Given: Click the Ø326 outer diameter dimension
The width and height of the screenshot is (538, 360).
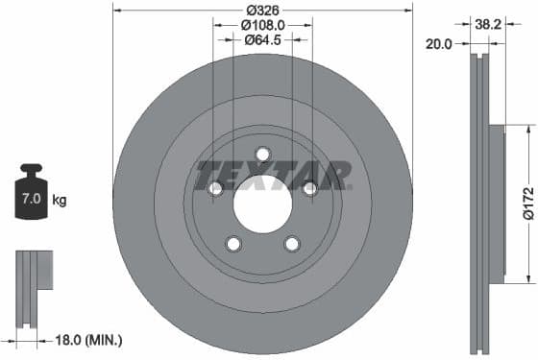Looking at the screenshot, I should (x=262, y=9).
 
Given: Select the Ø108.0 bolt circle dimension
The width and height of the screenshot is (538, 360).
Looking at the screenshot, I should (x=262, y=24).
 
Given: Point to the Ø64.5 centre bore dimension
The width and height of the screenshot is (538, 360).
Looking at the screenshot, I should (x=262, y=39).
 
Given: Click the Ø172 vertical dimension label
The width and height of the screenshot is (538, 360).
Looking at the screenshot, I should (x=527, y=204).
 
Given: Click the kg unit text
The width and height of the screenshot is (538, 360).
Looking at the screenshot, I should (x=60, y=201).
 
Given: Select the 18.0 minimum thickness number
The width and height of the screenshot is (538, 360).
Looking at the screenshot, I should (x=68, y=340).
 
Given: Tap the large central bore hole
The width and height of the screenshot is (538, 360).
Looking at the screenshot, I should (x=262, y=204).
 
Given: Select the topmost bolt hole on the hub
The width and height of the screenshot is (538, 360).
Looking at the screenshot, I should (x=262, y=156).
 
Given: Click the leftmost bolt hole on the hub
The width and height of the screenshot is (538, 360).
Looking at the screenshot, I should (x=216, y=189).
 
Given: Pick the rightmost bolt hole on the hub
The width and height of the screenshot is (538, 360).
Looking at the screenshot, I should (x=309, y=189).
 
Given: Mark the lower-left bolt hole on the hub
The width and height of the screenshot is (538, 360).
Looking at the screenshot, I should (x=233, y=244).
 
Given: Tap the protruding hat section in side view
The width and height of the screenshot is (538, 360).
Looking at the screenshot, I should (x=496, y=204).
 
